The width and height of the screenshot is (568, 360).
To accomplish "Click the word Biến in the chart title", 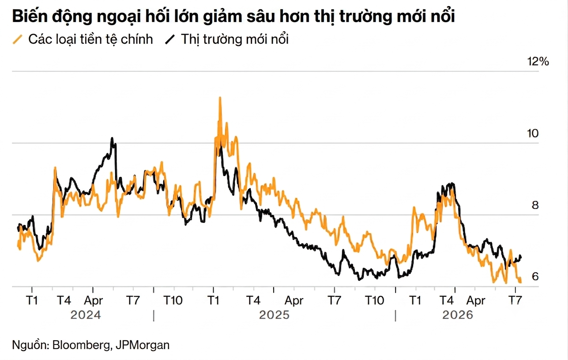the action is point(30,16).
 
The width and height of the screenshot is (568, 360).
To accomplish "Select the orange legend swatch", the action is point(18,40).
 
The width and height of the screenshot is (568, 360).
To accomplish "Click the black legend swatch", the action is point(170,40).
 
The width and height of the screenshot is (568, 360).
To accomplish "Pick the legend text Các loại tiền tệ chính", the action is point(90,39).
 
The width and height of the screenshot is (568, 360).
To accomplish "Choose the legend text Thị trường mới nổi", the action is point(235,39).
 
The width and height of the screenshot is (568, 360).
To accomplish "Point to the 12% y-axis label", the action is point(538,62).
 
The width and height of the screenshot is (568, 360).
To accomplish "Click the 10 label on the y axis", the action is point(533,133).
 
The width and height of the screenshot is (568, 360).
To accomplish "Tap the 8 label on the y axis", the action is point(535,205).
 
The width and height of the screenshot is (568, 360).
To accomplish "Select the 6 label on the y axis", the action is point(535,276).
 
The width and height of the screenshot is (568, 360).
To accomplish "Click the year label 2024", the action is point(86,315).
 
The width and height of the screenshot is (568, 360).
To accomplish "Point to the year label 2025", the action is point(274,315).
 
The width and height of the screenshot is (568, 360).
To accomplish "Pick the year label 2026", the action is point(458,315).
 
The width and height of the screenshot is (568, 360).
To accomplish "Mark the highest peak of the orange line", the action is point(220,97).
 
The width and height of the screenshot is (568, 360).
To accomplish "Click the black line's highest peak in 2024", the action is point(112,138).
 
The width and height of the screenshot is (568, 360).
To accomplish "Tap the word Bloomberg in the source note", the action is point(81,345).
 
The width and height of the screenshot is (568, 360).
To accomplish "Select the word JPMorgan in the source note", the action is point(143,345).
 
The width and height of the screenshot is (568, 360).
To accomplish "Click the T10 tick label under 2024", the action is point(173,300).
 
